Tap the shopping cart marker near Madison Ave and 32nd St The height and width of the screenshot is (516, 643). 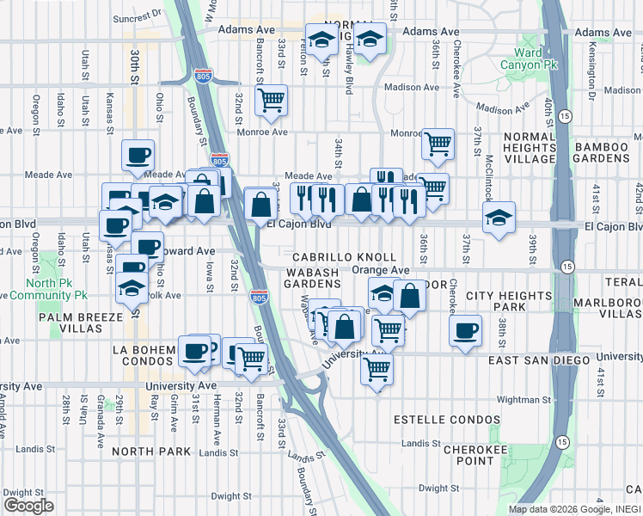(272, 100)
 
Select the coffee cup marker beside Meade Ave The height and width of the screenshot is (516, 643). (138, 156)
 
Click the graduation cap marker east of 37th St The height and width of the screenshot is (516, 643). (499, 217)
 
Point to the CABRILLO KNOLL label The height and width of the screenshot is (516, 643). (344, 257)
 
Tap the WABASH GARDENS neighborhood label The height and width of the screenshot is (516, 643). (301, 277)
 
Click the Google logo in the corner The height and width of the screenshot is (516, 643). (28, 506)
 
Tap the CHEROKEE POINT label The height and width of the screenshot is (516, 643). (468, 455)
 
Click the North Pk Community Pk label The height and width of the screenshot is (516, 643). (57, 288)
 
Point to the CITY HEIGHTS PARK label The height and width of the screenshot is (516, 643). (507, 301)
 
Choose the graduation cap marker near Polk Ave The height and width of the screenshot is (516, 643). (132, 286)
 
